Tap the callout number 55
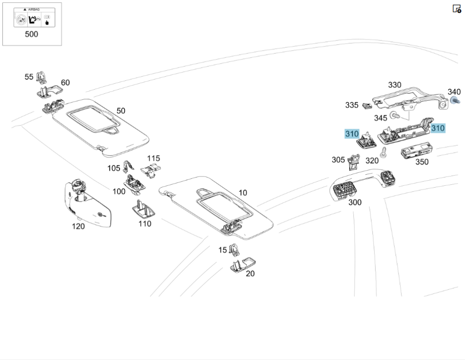29,77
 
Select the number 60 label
66,83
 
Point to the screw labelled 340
454,100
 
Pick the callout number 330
395,85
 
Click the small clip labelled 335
367,105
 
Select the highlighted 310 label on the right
438,128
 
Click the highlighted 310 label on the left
352,134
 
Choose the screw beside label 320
384,151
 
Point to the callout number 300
355,202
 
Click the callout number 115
153,158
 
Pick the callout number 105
114,168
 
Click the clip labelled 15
234,250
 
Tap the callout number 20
250,274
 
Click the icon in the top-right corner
456,8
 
